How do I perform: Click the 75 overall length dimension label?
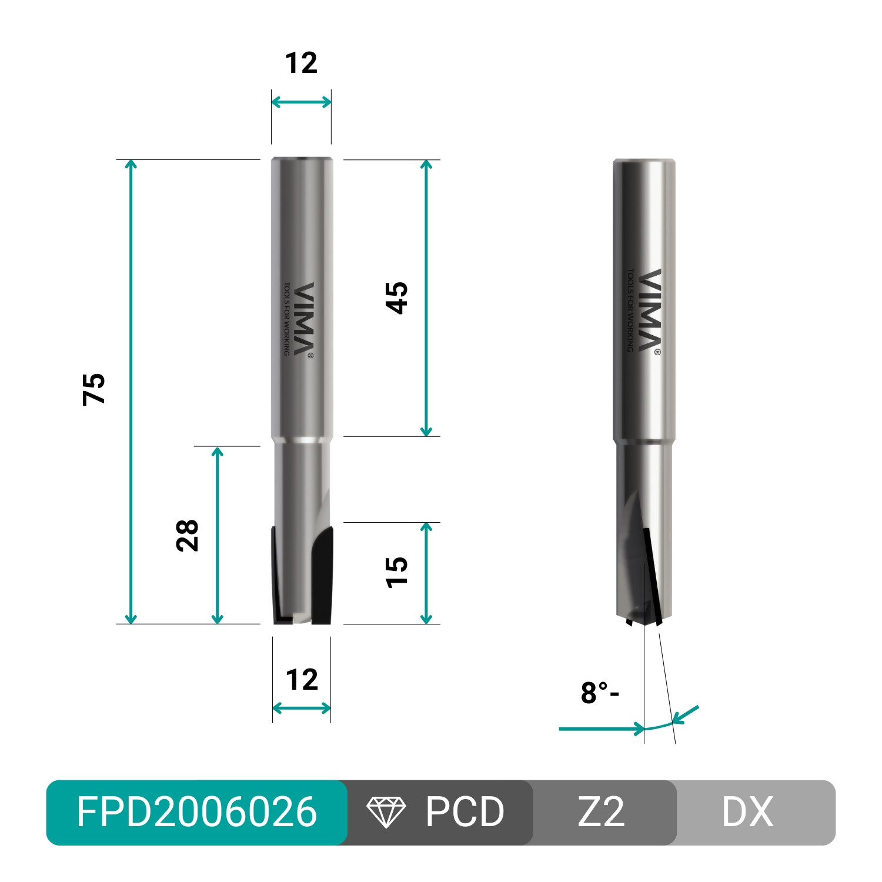[x=93, y=389]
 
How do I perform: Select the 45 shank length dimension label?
[x=396, y=298]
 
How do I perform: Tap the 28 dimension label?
[x=187, y=535]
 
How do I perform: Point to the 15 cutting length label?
[x=396, y=572]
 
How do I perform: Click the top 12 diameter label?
[x=301, y=63]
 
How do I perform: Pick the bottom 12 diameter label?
[x=302, y=680]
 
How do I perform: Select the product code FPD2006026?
[x=196, y=812]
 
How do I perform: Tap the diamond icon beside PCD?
[x=386, y=812]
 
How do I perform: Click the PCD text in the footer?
[x=465, y=812]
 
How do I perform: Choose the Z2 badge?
[x=601, y=812]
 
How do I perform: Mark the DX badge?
[x=747, y=812]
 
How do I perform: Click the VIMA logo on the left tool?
[x=303, y=319]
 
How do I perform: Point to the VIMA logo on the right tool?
[x=649, y=310]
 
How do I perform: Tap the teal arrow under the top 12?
[x=301, y=102]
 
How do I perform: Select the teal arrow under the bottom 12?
[x=302, y=709]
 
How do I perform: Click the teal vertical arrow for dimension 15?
[x=426, y=573]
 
